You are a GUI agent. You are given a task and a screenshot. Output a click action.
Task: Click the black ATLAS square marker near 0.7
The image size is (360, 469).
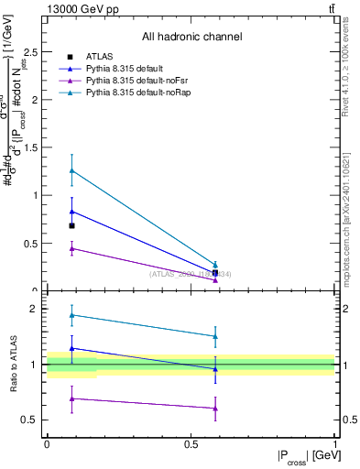click(71, 225)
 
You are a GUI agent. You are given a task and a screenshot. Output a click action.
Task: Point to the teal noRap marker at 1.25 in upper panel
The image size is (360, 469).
click(71, 170)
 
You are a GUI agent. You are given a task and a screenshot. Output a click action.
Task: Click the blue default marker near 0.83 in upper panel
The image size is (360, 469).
click(71, 212)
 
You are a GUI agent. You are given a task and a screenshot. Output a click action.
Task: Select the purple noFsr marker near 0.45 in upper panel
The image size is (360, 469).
click(71, 248)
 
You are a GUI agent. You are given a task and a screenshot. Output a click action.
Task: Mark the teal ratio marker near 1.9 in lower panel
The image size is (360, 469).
click(71, 315)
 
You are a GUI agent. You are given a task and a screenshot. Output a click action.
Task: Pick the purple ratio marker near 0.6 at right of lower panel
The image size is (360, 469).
click(215, 409)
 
